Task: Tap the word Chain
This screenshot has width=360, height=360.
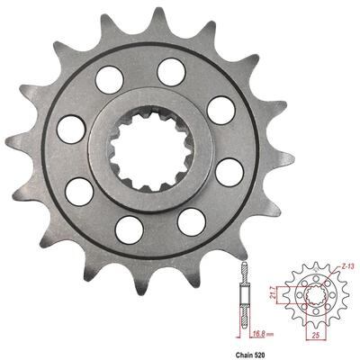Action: (241, 355)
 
